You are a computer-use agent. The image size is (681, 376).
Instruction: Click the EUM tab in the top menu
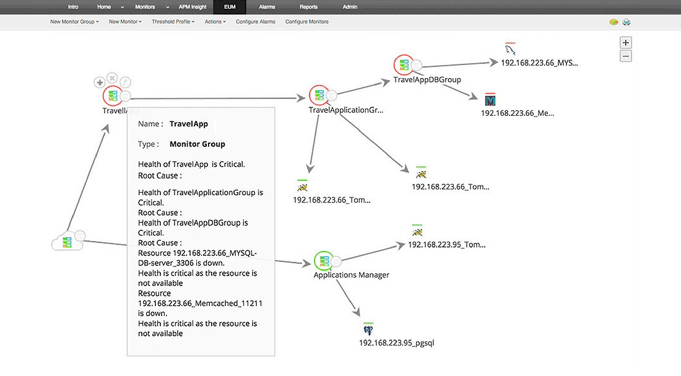(230, 7)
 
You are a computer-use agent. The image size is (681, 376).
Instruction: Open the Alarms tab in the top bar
(267, 7)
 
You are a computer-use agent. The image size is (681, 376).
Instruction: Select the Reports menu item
(308, 7)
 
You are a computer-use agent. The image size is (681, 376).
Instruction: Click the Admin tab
(350, 7)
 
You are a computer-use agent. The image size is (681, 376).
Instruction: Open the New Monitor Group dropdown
(74, 22)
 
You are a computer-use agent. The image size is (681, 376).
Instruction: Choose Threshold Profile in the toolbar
(173, 22)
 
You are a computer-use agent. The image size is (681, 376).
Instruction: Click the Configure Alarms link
(256, 22)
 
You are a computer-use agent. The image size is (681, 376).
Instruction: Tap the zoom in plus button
(626, 43)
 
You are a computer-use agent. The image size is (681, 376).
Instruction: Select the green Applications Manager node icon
(322, 260)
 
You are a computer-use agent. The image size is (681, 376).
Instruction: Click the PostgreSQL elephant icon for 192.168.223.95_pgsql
(368, 329)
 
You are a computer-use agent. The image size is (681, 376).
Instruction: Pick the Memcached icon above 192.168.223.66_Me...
(491, 100)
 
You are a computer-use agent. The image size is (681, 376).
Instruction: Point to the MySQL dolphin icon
(510, 50)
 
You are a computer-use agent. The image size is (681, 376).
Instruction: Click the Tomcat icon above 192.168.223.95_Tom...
(417, 232)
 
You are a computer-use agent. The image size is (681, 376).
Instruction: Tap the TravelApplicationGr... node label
(346, 110)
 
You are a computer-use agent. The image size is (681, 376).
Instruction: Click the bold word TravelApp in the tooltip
(188, 124)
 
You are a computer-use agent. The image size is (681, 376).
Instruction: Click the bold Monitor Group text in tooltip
(197, 144)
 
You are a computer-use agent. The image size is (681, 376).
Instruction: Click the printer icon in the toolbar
(627, 22)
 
